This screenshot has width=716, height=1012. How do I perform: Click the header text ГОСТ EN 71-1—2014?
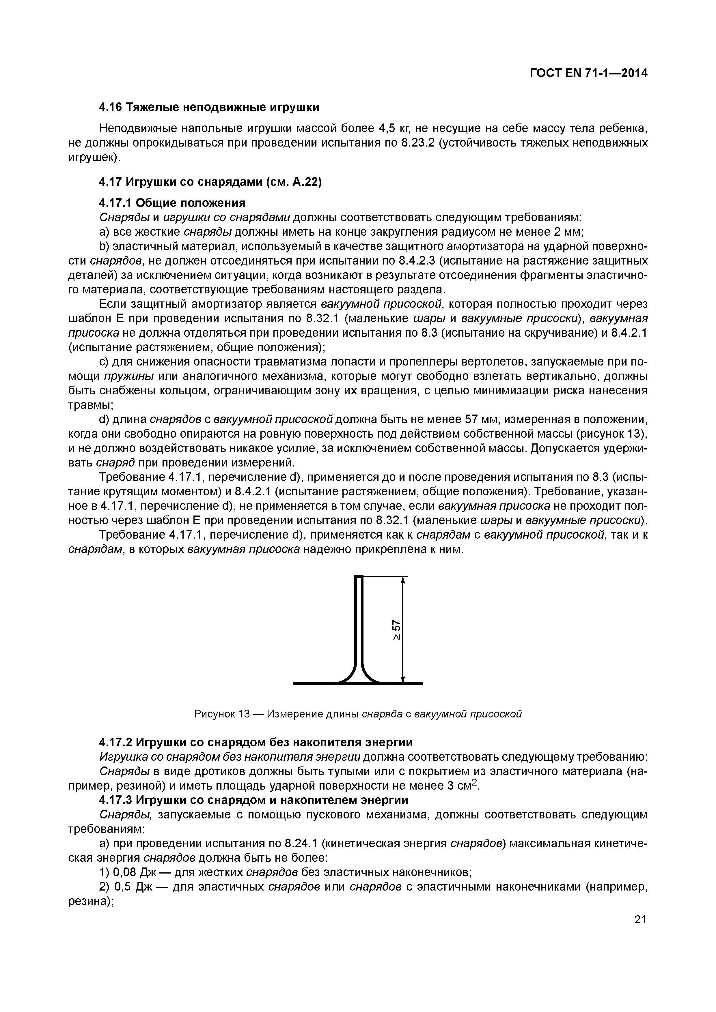tap(588, 73)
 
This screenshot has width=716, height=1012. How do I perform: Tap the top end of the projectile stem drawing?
tap(359, 577)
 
